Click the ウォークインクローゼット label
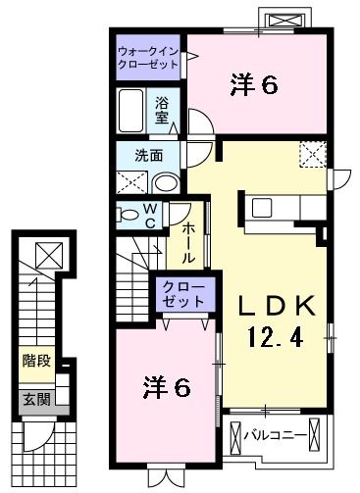point(148,56)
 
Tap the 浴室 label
point(163,110)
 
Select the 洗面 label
point(149,154)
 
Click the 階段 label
point(37,361)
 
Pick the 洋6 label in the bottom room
point(167,386)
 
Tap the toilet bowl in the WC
point(129,215)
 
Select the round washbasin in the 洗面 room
point(167,182)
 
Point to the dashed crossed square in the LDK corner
point(313,154)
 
